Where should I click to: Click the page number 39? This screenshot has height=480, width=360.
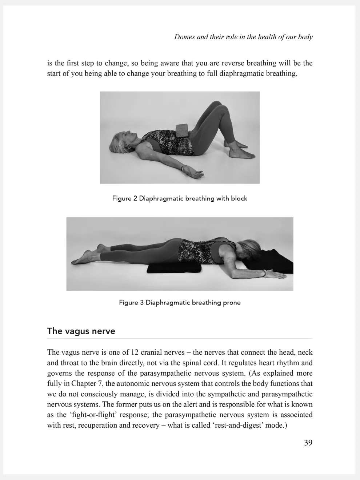[308, 443]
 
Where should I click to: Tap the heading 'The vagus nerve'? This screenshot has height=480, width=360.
[81, 331]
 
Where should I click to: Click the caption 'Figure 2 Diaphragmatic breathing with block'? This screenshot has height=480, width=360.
[180, 198]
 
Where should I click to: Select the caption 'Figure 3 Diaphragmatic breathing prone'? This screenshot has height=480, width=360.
[180, 302]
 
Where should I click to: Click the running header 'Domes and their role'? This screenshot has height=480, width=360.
[243, 37]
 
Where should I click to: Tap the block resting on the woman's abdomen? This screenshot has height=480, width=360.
[182, 130]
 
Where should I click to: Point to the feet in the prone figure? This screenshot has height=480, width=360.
[87, 254]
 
